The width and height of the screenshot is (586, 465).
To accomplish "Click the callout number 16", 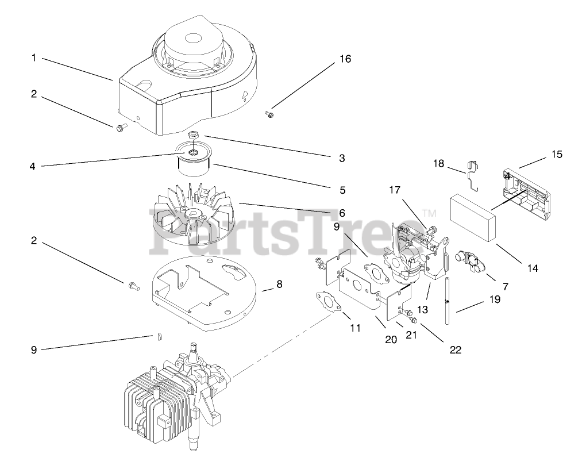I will coord(345,59).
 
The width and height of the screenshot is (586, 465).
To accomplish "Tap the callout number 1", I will coord(34,57).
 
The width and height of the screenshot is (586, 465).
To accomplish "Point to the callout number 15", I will coord(556,154).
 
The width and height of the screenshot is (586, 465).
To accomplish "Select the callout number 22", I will coord(456,349).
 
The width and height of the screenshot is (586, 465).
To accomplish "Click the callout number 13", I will coord(422,309).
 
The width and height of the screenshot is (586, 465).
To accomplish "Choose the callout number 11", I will coord(355,328).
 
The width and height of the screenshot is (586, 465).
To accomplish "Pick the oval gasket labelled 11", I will coord(326,302).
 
